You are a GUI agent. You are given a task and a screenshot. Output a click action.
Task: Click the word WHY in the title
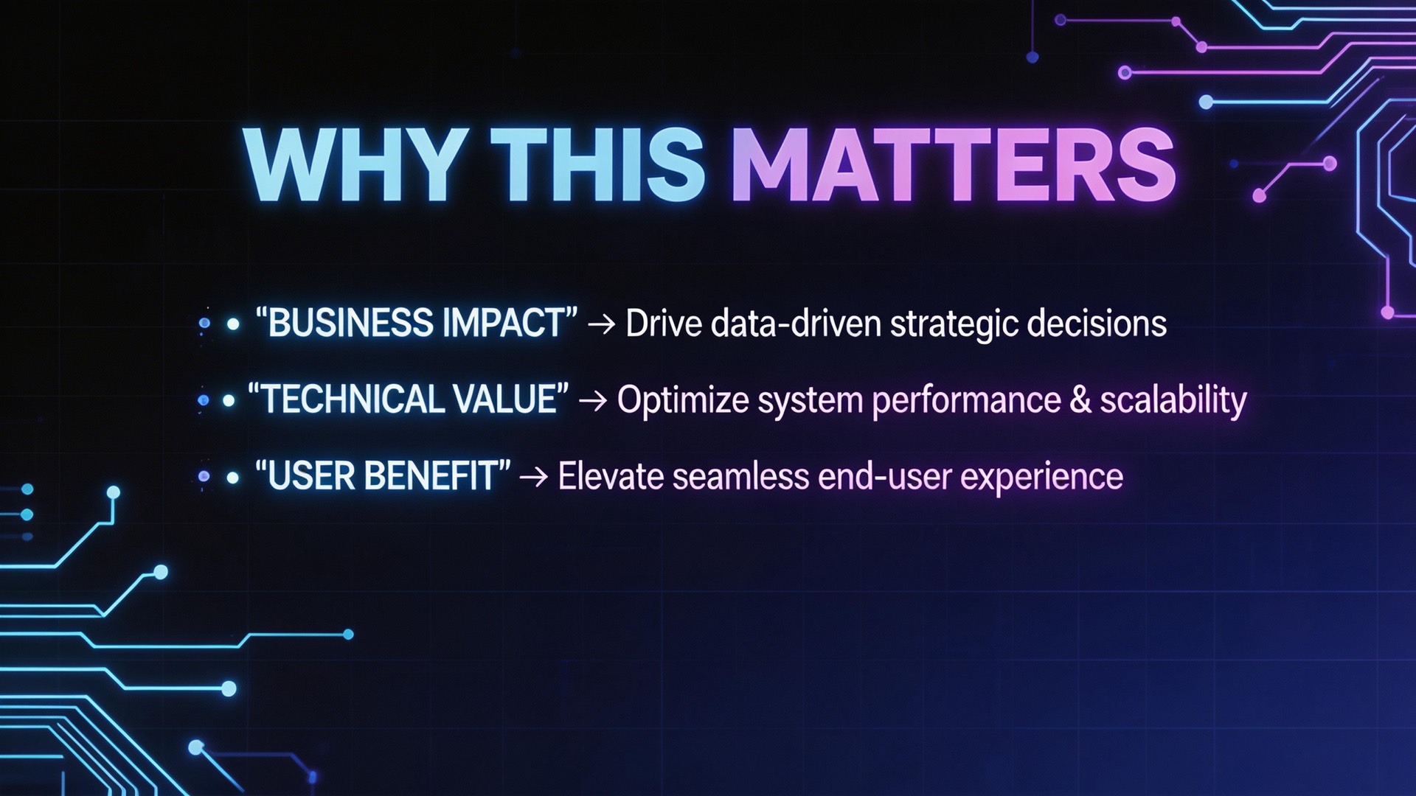[353, 164]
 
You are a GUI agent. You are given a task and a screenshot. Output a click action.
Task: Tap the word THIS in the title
[597, 164]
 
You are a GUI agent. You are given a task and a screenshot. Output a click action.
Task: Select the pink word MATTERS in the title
[953, 164]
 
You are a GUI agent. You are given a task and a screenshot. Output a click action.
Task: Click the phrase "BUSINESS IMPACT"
[416, 323]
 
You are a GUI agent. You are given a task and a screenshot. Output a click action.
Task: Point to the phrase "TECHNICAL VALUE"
[408, 399]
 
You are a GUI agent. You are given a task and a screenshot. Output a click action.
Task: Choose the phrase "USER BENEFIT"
[382, 475]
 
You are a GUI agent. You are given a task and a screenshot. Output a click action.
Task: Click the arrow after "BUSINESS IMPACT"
[602, 324]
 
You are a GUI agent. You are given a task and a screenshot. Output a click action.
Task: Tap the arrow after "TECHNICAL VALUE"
[593, 400]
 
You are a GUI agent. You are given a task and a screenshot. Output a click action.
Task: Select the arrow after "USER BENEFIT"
[534, 477]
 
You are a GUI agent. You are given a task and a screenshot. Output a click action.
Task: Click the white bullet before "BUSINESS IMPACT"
[233, 324]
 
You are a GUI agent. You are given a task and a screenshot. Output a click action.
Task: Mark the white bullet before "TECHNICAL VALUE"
[229, 401]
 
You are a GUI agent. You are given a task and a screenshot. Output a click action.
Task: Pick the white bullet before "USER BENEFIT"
[233, 478]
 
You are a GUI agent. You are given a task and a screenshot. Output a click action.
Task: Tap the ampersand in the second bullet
[1080, 399]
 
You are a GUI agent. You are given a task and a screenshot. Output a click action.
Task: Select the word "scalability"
[1173, 400]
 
